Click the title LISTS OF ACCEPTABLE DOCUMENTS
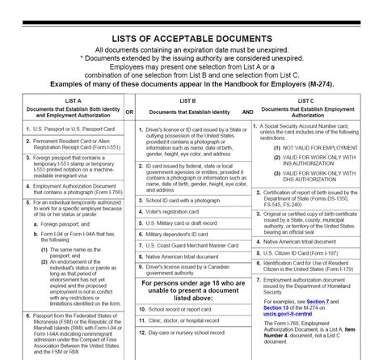[x=191, y=36]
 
